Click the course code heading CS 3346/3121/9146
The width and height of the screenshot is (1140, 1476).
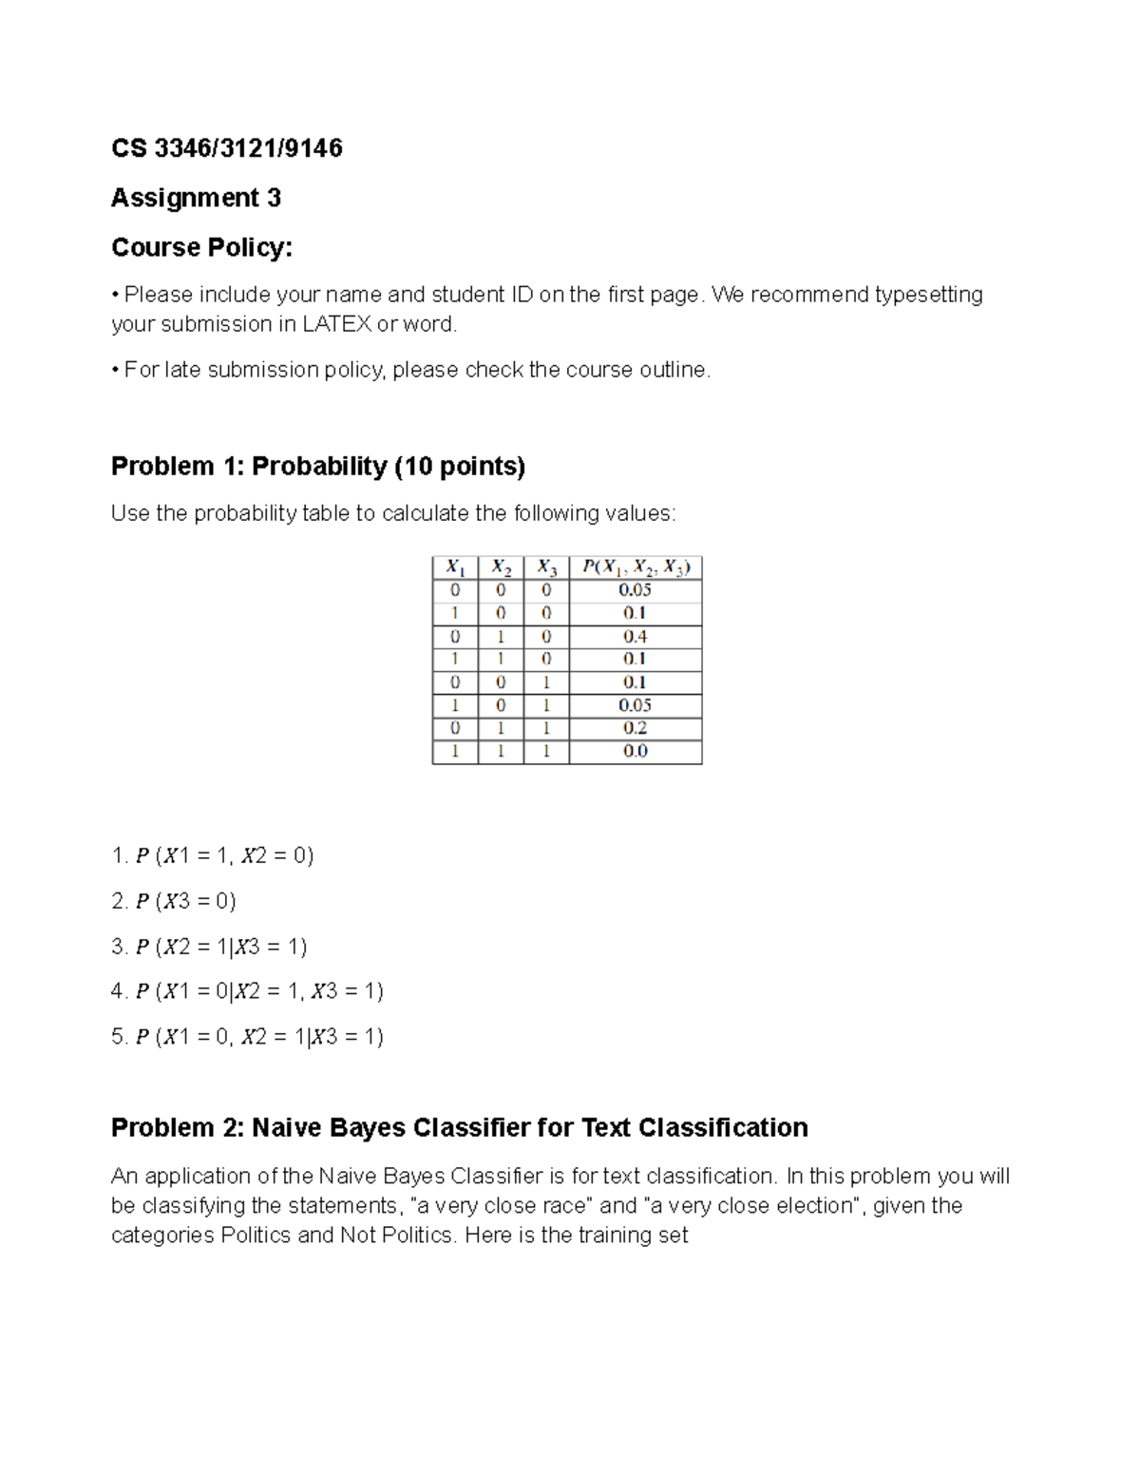tap(226, 148)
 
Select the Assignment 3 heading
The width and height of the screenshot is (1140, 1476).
tap(196, 198)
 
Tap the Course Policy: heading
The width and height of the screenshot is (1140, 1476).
tap(201, 247)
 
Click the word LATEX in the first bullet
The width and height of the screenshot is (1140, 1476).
tap(336, 324)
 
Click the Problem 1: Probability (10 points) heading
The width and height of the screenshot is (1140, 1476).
tap(317, 466)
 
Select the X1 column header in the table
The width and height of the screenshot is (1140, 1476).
tap(455, 567)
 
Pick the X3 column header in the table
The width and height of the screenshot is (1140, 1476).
tap(546, 567)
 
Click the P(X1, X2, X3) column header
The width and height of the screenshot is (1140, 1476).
tap(636, 567)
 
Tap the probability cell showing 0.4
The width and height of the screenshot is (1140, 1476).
tap(636, 636)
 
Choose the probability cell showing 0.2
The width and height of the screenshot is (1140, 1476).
tap(636, 728)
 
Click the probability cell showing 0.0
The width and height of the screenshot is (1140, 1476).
tap(636, 751)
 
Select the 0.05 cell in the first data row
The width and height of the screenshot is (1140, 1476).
tap(636, 590)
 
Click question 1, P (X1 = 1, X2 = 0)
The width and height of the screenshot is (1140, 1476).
tap(213, 855)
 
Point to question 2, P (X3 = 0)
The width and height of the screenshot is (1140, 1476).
tap(174, 901)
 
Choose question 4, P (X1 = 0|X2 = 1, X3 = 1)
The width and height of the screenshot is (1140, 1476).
tap(247, 991)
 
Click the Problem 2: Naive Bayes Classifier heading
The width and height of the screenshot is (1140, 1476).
tap(459, 1127)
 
